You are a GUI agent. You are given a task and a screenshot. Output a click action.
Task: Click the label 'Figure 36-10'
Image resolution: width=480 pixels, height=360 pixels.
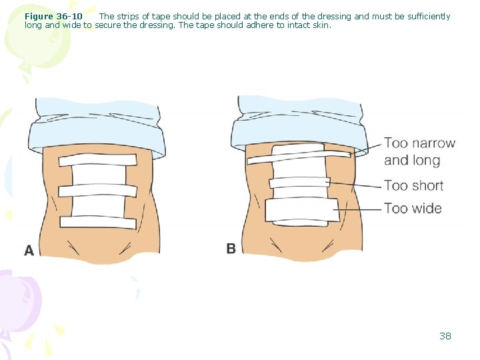(53, 16)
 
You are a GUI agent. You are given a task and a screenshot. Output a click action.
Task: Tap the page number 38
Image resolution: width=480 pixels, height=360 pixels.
(445, 336)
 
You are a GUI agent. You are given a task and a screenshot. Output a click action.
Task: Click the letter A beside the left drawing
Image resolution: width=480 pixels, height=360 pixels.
(29, 251)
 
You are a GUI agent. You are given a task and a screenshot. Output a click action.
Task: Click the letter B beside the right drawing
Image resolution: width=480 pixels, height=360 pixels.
(231, 248)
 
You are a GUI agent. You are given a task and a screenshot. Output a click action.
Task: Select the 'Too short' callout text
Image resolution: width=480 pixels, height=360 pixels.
(414, 185)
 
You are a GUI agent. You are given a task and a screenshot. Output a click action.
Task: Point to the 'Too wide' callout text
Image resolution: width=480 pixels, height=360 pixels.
(413, 209)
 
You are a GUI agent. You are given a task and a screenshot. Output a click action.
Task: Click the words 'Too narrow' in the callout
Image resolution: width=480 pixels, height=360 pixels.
(420, 143)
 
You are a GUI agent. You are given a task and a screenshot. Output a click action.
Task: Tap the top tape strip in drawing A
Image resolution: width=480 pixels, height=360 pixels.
(97, 160)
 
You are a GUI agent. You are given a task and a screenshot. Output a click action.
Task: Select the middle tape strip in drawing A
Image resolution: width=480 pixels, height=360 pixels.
(97, 191)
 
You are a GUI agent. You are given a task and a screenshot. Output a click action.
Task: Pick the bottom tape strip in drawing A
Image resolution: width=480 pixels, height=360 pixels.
(98, 222)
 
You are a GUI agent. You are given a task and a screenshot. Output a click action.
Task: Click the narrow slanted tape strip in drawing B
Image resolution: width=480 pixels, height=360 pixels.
(299, 157)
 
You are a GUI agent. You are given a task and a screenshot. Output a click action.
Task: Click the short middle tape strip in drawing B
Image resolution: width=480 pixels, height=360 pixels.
(299, 183)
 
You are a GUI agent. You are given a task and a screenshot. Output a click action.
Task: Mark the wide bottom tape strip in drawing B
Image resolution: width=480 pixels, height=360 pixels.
(302, 210)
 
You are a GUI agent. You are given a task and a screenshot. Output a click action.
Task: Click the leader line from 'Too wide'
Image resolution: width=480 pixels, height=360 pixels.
(357, 209)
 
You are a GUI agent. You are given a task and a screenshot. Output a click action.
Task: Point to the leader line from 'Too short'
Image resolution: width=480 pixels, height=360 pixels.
(354, 185)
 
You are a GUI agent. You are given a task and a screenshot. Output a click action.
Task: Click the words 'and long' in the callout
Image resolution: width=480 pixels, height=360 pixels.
(412, 161)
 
